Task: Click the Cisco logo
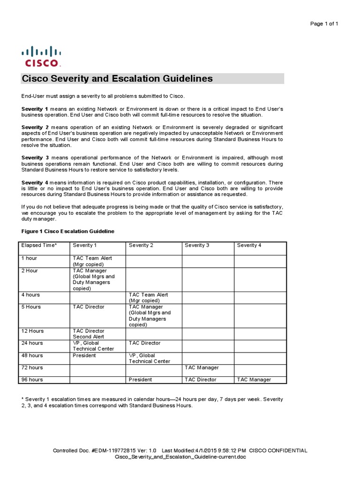click(41, 56)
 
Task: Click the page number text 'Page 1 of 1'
click(324, 24)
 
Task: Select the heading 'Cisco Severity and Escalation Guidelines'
click(117, 79)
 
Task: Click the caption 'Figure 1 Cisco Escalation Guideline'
click(68, 232)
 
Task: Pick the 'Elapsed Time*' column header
click(39, 245)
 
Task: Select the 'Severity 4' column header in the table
click(249, 245)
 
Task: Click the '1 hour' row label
click(29, 258)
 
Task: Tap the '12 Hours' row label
click(32, 331)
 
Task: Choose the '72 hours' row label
click(32, 367)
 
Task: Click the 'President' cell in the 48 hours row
click(84, 355)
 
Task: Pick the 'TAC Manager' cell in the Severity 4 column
click(254, 380)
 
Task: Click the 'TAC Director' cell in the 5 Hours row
click(89, 307)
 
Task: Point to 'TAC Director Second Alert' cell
click(89, 334)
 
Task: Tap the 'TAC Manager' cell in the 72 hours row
click(202, 367)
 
